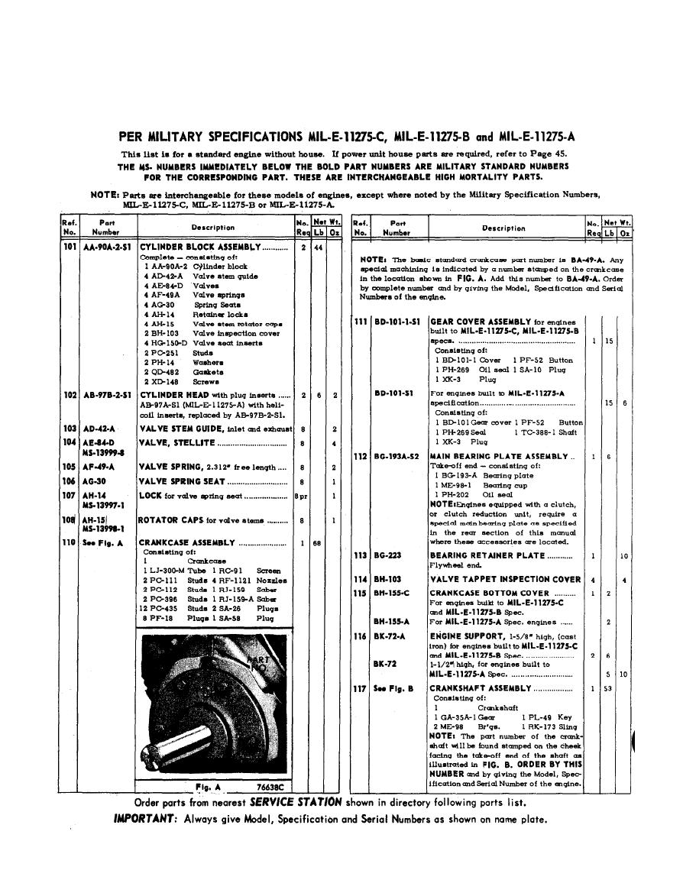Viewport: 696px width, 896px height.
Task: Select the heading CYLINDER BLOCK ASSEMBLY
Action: tap(199, 247)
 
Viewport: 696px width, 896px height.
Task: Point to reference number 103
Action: tap(70, 429)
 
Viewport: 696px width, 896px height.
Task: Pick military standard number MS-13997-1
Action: tap(103, 505)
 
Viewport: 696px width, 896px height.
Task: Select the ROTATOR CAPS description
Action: tap(171, 520)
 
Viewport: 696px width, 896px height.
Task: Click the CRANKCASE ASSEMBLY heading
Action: tap(187, 542)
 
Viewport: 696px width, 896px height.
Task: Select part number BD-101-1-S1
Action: tap(397, 322)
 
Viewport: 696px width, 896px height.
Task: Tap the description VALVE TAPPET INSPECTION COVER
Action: tap(505, 580)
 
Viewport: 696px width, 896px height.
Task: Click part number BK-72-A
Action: tap(390, 636)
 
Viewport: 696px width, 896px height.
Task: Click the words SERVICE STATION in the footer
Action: tap(296, 804)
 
